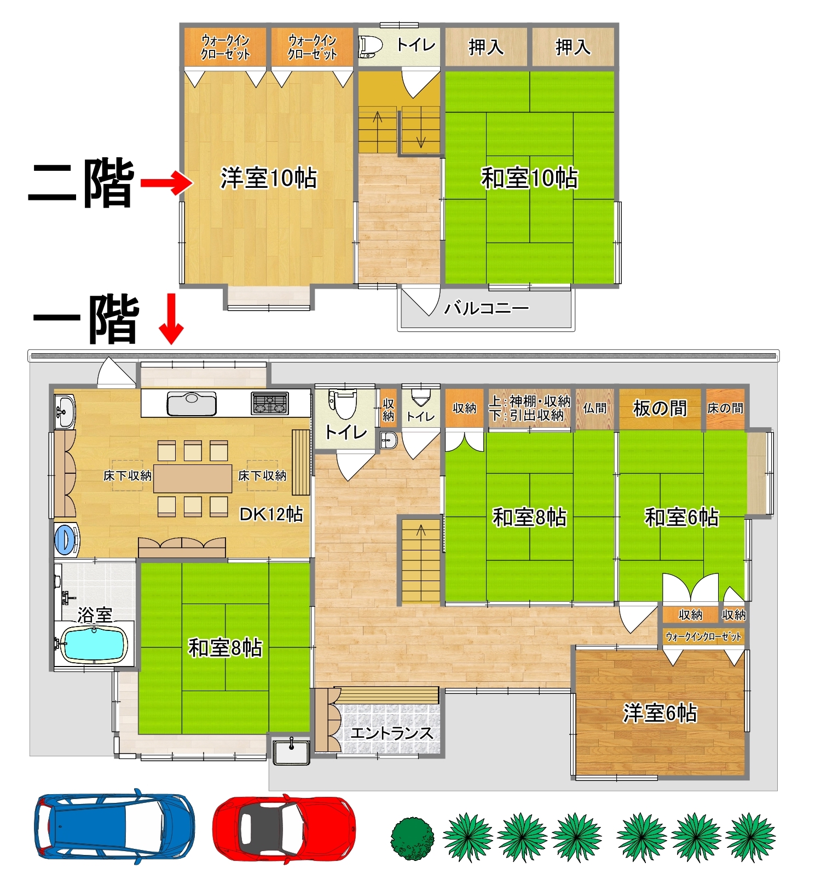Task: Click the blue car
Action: click(114, 826)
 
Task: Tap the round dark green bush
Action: click(412, 838)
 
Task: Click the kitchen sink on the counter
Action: click(192, 404)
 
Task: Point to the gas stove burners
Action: click(270, 403)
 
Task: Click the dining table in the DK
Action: click(193, 479)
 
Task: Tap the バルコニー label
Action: click(487, 308)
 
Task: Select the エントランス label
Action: click(392, 733)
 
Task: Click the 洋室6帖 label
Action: click(660, 713)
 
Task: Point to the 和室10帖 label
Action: click(529, 179)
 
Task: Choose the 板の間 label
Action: click(660, 408)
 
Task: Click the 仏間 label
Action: click(594, 408)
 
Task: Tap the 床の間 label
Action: click(725, 408)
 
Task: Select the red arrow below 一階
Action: click(171, 319)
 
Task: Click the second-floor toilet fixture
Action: click(371, 47)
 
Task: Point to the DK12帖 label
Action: click(271, 514)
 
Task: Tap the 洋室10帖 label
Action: click(269, 179)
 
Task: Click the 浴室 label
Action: click(95, 615)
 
